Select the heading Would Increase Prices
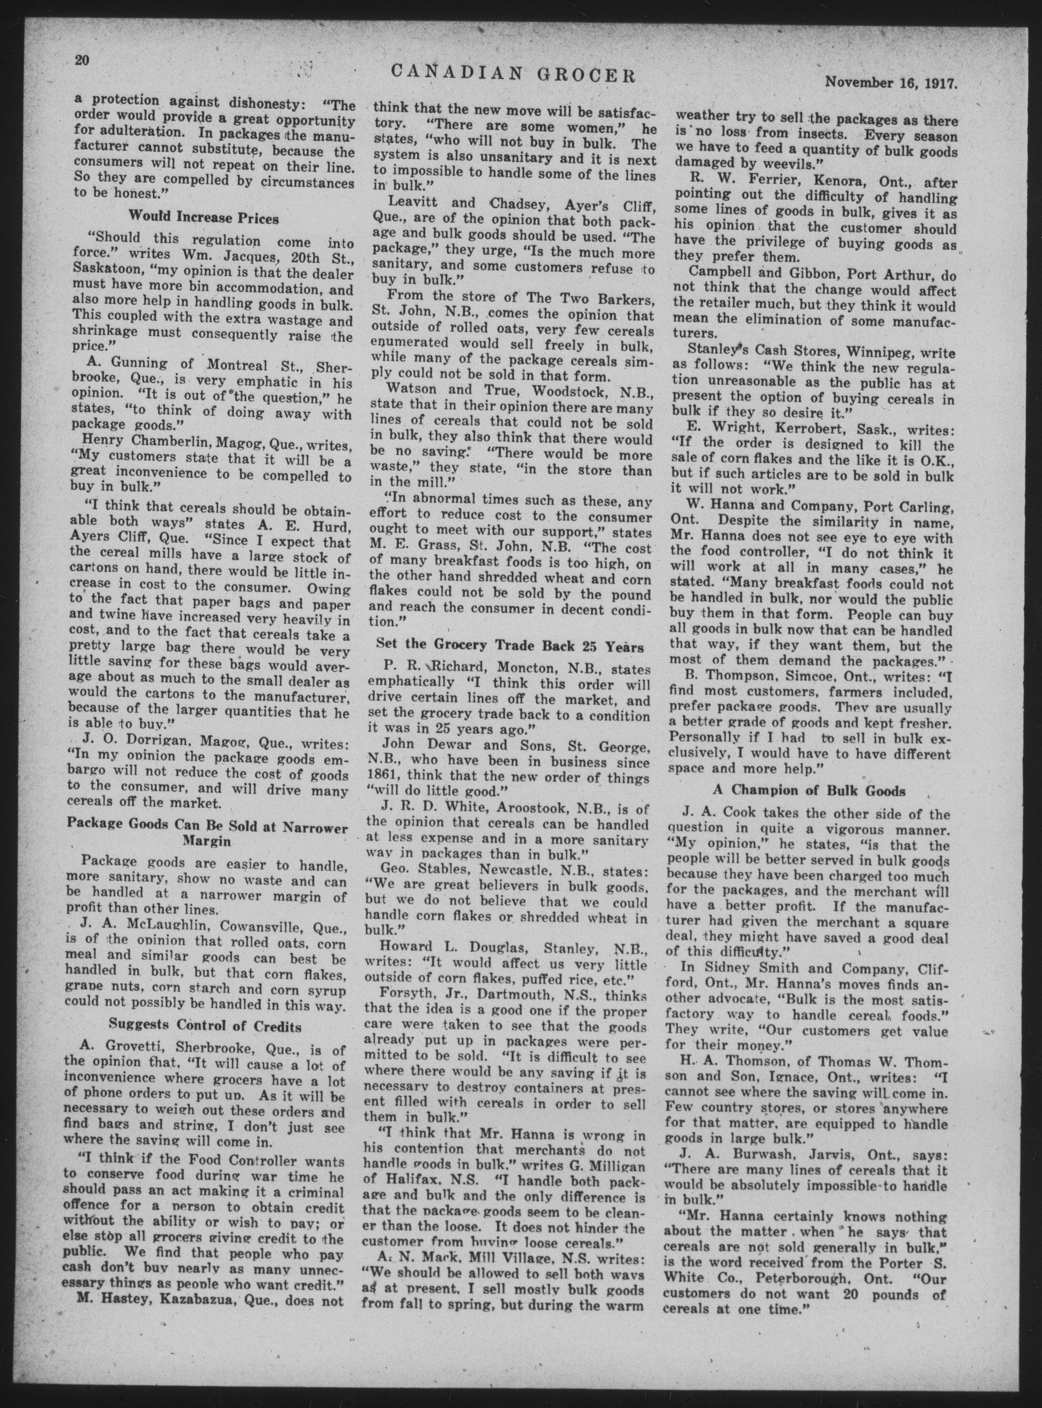(204, 218)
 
